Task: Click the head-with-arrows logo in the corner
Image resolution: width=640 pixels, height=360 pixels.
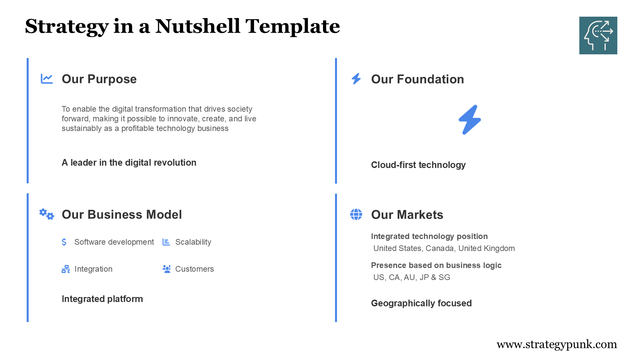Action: (598, 35)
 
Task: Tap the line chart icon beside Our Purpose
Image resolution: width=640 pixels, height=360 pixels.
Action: (47, 79)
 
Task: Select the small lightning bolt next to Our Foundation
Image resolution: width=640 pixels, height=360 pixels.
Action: (356, 79)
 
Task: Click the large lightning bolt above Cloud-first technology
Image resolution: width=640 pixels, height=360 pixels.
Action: (470, 120)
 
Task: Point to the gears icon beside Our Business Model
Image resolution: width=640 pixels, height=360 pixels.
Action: (46, 214)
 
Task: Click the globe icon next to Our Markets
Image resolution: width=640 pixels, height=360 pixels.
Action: (356, 214)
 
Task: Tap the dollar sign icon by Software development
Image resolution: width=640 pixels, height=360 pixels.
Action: (64, 242)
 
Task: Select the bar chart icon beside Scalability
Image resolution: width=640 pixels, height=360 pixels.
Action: (166, 242)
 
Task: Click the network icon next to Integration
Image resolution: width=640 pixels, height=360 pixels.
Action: (66, 269)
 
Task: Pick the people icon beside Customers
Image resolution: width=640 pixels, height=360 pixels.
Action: (166, 269)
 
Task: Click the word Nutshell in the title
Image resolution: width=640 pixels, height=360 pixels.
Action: (197, 26)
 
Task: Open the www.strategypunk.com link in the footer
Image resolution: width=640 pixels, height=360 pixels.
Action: (556, 344)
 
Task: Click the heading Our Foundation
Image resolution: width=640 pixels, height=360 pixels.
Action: (417, 79)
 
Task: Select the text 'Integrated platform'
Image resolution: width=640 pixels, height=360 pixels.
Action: (102, 299)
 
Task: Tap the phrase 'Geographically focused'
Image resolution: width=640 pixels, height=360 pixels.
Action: (421, 303)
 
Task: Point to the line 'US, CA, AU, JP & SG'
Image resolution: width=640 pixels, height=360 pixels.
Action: (412, 277)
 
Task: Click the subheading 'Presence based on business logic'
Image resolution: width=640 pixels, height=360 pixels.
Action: (436, 265)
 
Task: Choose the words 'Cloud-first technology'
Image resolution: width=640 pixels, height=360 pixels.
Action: (418, 165)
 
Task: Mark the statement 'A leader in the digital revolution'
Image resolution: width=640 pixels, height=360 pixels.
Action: (129, 162)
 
